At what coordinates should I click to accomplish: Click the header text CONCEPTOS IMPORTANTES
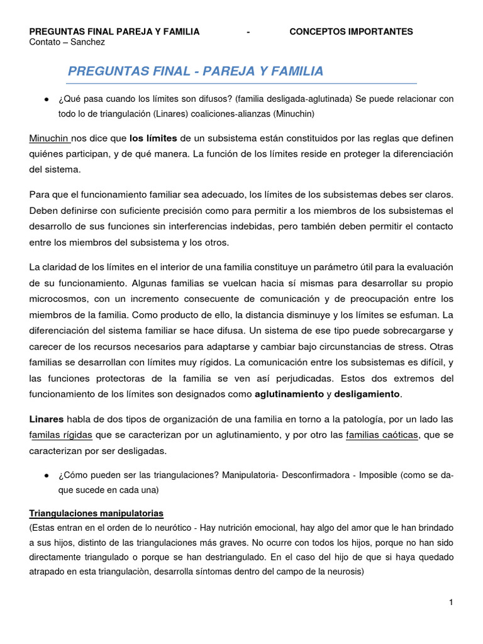click(x=351, y=31)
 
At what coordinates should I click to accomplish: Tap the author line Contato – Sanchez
click(x=67, y=42)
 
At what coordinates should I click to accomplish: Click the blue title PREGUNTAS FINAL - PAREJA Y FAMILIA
click(x=196, y=72)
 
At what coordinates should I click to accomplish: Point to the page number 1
click(x=451, y=602)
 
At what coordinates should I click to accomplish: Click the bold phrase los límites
click(x=153, y=138)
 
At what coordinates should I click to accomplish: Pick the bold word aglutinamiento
click(x=288, y=394)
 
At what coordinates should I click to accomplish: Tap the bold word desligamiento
click(x=367, y=394)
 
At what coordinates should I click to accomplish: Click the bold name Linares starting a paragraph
click(x=47, y=419)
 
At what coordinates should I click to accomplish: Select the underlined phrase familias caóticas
click(x=382, y=435)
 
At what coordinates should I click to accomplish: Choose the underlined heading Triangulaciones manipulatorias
click(x=96, y=513)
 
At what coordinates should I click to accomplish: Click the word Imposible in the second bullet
click(x=378, y=475)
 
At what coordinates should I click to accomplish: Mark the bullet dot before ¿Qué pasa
click(x=47, y=100)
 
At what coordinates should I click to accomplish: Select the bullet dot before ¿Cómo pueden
click(x=47, y=476)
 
